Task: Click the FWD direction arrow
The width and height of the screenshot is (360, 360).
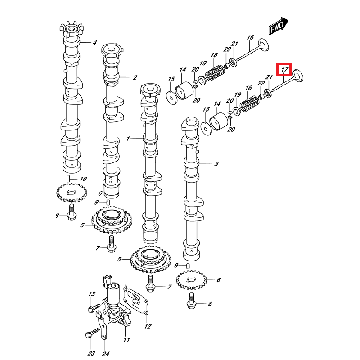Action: [x=278, y=27]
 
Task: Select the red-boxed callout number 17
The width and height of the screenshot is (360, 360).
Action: [x=284, y=70]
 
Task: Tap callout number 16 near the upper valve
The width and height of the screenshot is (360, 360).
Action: [x=250, y=37]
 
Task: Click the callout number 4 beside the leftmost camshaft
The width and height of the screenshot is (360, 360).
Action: [x=94, y=43]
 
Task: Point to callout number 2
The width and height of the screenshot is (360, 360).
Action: [x=135, y=77]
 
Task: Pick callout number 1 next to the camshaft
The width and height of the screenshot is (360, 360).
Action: [x=128, y=139]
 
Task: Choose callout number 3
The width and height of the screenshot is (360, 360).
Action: [x=216, y=164]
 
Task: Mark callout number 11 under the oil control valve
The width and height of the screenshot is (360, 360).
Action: [x=126, y=339]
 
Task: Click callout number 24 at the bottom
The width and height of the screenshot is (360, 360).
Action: [x=105, y=353]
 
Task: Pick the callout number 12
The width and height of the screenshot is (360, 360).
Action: [x=148, y=326]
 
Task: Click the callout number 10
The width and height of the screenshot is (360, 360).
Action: [x=83, y=179]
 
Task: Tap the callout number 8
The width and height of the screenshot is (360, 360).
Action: [x=210, y=304]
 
